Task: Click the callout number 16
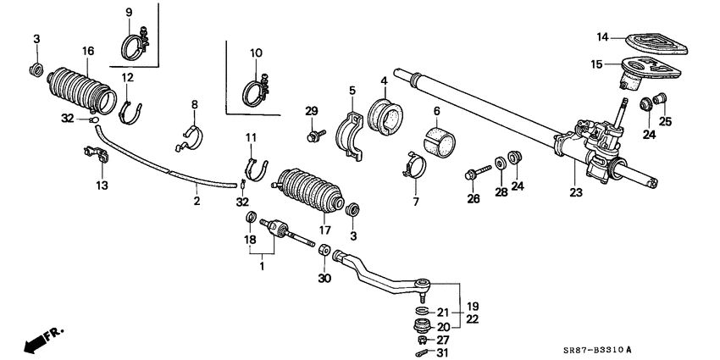[x=88, y=53]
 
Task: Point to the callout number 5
[x=352, y=89]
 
